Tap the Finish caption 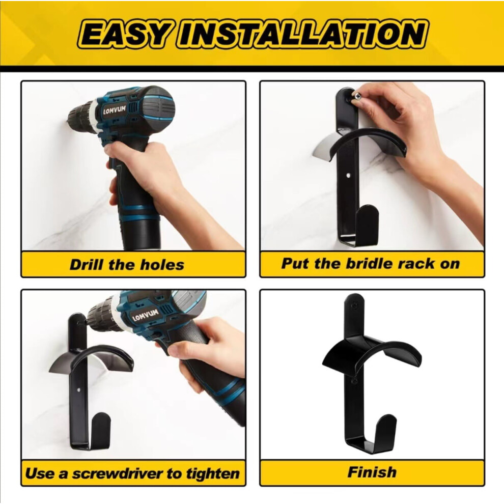(x=372, y=472)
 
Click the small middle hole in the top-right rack (x=349, y=176)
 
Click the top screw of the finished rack (x=354, y=305)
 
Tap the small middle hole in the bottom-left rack (x=79, y=390)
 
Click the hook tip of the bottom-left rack (x=101, y=417)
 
